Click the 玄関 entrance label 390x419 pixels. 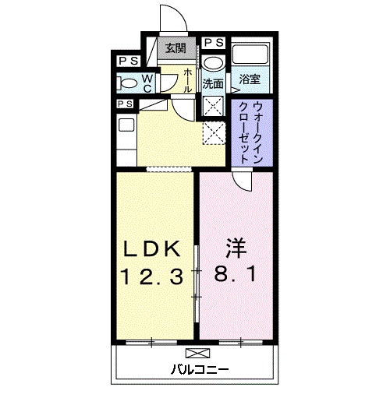point(175,48)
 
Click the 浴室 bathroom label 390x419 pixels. point(250,79)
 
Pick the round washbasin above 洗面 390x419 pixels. point(212,63)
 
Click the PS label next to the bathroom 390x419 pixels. point(214,42)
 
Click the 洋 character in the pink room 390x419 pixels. point(236,248)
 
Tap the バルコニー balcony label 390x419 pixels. point(200,368)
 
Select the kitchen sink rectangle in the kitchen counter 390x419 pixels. point(125,124)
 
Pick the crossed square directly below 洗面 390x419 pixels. point(213,107)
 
